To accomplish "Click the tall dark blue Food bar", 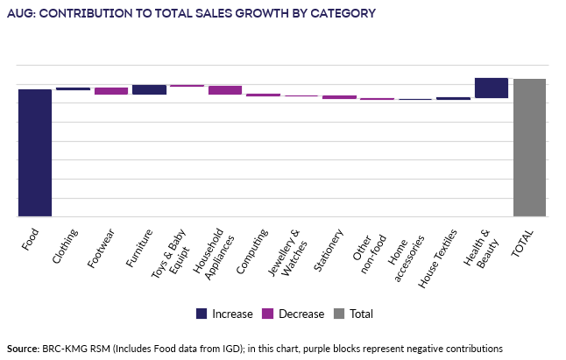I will (x=35, y=152).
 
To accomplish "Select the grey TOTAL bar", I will (x=529, y=147).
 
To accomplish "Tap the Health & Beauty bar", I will (x=491, y=88).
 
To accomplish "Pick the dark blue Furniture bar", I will (x=149, y=89).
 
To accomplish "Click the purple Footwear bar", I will (x=111, y=90).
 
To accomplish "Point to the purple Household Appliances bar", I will (x=225, y=89).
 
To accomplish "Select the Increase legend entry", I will (x=224, y=314).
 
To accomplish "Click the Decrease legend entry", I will (x=290, y=314).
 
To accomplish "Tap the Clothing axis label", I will (x=67, y=244).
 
